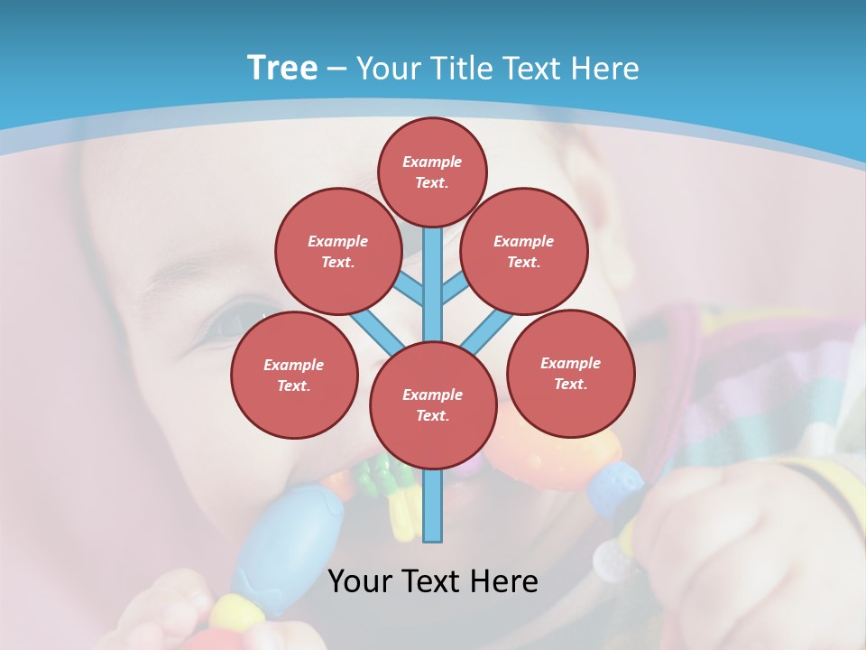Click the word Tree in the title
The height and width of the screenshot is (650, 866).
coord(282,69)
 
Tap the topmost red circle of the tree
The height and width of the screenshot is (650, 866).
coord(432,172)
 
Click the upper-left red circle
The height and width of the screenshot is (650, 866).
coord(337,251)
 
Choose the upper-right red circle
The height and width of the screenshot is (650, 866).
coord(524,251)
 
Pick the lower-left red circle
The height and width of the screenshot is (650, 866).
coord(294,375)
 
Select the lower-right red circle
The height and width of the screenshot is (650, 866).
coord(571,373)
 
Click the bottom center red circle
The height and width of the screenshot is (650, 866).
coord(433,404)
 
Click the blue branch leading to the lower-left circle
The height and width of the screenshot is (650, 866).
coord(375,330)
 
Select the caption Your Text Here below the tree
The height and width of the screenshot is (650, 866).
coord(433,581)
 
